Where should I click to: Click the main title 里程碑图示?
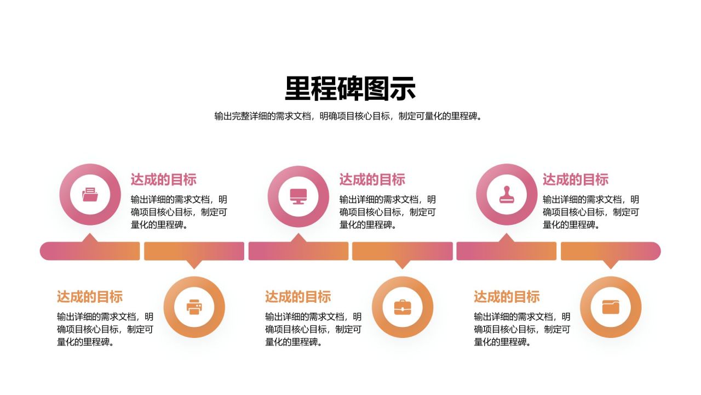pyautogui.click(x=350, y=88)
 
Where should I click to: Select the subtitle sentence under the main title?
pyautogui.click(x=348, y=116)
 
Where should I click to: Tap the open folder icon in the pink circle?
pyautogui.click(x=90, y=194)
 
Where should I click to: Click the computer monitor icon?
pyautogui.click(x=298, y=196)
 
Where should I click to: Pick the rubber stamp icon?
pyautogui.click(x=507, y=195)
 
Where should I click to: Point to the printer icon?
pyautogui.click(x=194, y=307)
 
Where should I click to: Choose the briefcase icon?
pyautogui.click(x=403, y=307)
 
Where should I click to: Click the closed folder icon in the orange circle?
pyautogui.click(x=611, y=307)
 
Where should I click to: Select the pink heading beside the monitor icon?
pyautogui.click(x=372, y=179)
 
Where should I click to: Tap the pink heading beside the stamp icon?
pyautogui.click(x=576, y=179)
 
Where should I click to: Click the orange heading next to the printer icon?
pyautogui.click(x=90, y=297)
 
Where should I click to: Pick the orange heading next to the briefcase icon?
pyautogui.click(x=298, y=297)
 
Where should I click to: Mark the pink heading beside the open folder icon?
pyautogui.click(x=163, y=179)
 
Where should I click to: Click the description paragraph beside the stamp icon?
pyautogui.click(x=591, y=212)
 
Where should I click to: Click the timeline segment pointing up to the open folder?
pyautogui.click(x=90, y=251)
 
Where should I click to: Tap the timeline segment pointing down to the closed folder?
pyautogui.click(x=611, y=251)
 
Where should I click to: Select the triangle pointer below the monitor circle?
pyautogui.click(x=298, y=238)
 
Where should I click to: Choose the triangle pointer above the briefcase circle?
pyautogui.click(x=403, y=264)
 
